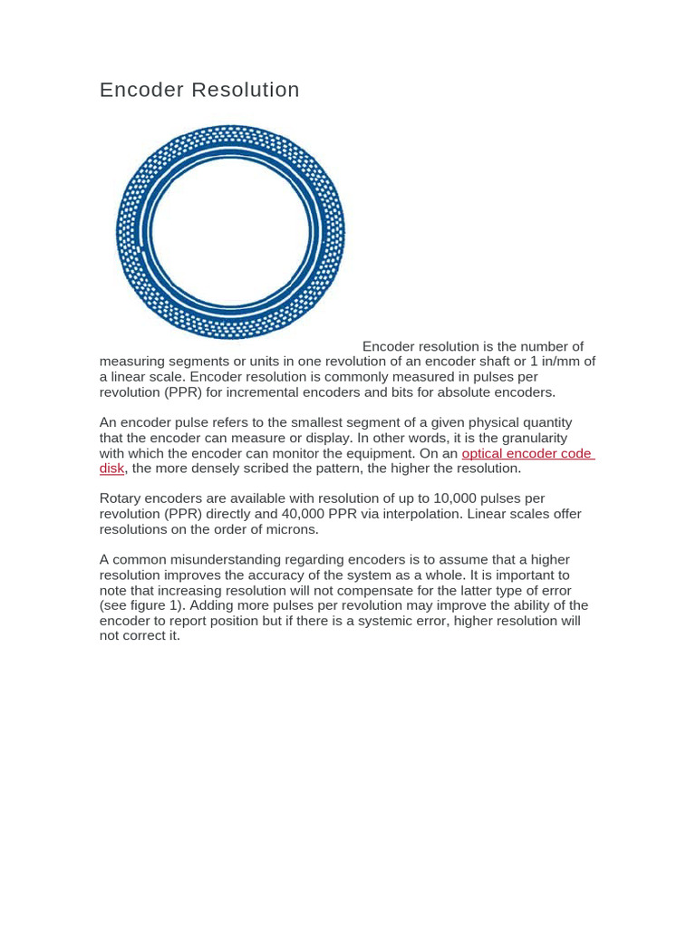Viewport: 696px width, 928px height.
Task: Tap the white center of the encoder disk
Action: [x=231, y=233]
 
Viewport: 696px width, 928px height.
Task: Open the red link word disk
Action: [x=111, y=469]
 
